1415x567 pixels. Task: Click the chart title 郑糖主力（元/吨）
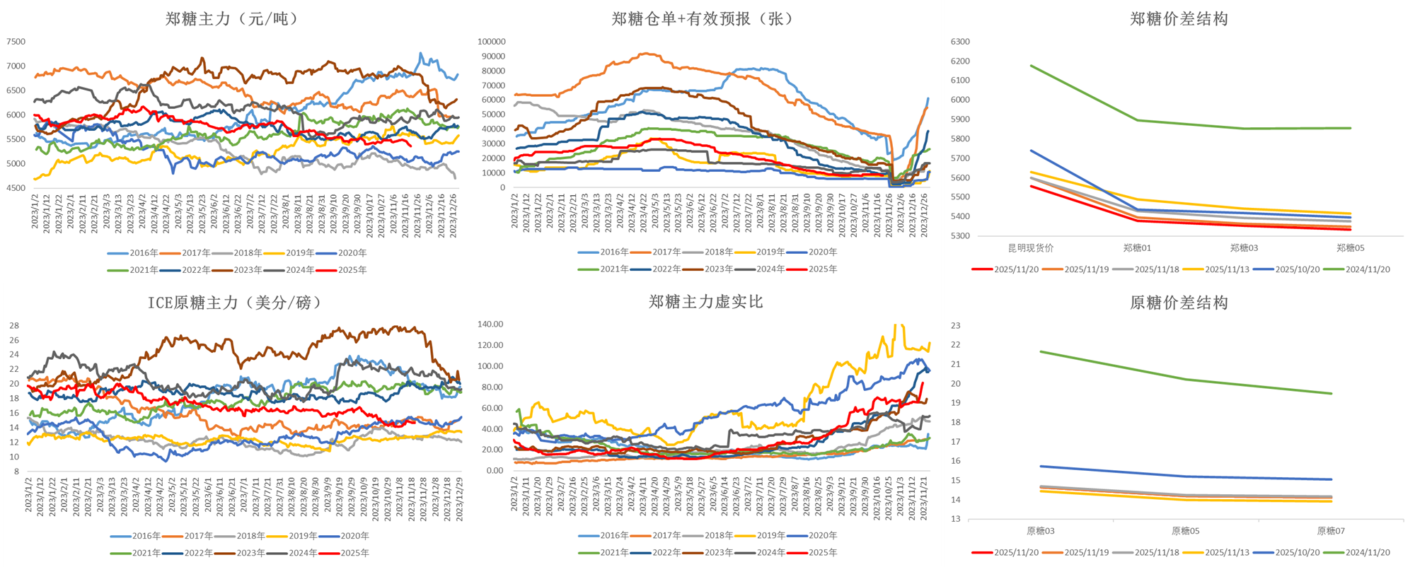(x=231, y=19)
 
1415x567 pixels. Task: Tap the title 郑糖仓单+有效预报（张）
(x=702, y=19)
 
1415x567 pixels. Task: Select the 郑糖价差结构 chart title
(x=1179, y=19)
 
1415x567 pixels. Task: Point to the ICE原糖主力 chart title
(x=234, y=303)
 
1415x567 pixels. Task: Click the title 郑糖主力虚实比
(x=705, y=302)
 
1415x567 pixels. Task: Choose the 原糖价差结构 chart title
(x=1179, y=303)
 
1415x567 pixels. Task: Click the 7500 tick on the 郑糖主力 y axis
(x=16, y=42)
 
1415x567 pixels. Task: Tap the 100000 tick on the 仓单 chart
(x=492, y=42)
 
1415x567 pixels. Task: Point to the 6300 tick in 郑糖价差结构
(x=960, y=42)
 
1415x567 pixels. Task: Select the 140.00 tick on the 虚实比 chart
(x=490, y=325)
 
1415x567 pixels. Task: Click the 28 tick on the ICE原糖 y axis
(x=14, y=326)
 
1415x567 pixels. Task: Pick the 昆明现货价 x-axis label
(x=1031, y=248)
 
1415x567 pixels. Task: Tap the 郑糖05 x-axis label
(x=1350, y=248)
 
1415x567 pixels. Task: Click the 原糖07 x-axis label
(x=1331, y=531)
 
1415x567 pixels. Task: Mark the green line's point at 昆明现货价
(x=1031, y=66)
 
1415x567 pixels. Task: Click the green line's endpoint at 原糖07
(x=1331, y=394)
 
